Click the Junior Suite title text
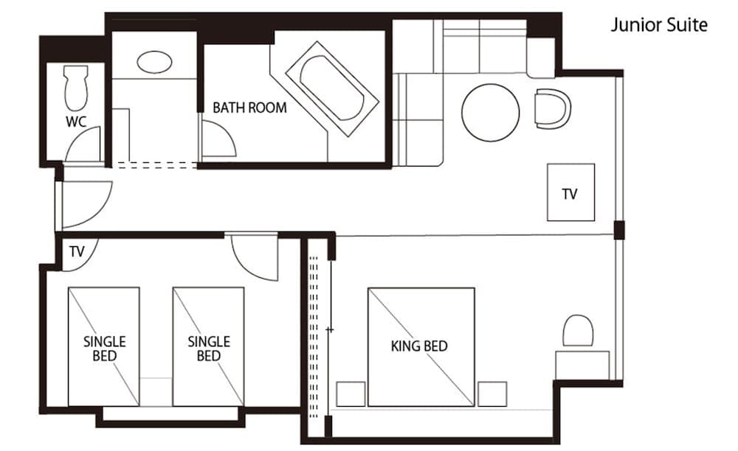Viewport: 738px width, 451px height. [658, 25]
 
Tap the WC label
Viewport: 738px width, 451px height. [76, 122]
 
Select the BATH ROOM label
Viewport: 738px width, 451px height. [249, 108]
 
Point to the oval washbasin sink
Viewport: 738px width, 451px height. [154, 61]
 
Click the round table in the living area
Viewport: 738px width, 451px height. [490, 113]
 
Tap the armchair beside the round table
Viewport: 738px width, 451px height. [553, 108]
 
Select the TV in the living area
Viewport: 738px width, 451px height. [570, 192]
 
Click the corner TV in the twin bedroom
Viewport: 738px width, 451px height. [75, 251]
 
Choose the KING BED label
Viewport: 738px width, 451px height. [419, 346]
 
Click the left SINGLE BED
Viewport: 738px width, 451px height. [104, 346]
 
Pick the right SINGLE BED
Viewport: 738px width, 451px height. [208, 346]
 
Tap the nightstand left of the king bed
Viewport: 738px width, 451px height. [351, 394]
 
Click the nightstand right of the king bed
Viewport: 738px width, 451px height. [492, 394]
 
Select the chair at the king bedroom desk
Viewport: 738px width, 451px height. [578, 331]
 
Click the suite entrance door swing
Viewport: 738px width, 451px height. [83, 203]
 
